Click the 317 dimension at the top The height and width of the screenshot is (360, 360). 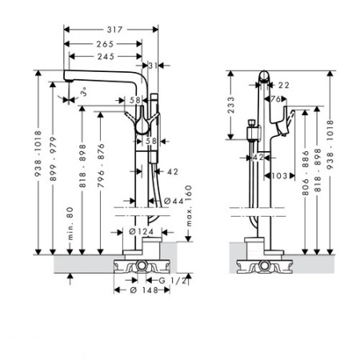click(x=114, y=30)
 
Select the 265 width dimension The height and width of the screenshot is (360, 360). click(x=105, y=44)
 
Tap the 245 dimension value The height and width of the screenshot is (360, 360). click(x=106, y=57)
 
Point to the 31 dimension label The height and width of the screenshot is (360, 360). click(x=153, y=66)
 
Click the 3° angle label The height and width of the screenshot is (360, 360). click(x=84, y=92)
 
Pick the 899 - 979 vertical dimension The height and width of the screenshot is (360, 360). click(x=54, y=159)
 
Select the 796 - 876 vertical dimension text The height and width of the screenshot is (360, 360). click(x=101, y=166)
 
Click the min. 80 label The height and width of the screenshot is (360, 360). click(x=70, y=223)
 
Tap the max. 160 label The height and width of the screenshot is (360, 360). click(x=189, y=206)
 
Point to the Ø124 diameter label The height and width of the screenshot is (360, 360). click(x=142, y=232)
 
